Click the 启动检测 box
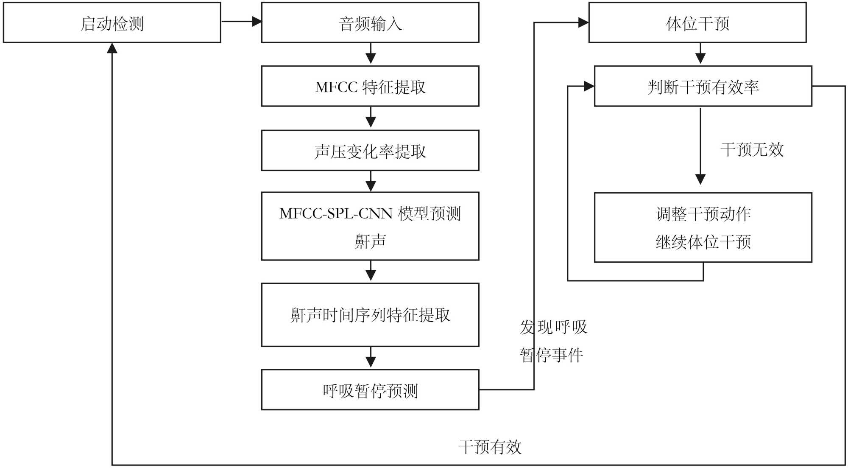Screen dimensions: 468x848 coord(112,23)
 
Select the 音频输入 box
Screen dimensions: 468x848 coord(370,23)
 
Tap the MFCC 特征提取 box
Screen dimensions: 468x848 coord(370,87)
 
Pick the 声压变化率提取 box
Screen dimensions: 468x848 coord(370,151)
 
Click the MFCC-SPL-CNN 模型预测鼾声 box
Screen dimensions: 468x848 coord(370,226)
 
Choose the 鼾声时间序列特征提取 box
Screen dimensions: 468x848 coord(370,315)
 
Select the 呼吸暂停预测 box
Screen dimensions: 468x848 coord(370,390)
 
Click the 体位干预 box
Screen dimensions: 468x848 coord(697,23)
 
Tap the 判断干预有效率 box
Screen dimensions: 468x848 coord(703,87)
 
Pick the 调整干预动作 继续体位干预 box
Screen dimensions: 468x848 coord(703,228)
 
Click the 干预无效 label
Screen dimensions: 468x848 coord(752,149)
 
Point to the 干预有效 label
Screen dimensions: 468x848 coord(490,447)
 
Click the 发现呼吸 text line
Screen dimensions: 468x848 coord(553,327)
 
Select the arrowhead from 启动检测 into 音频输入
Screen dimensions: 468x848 coord(257,21)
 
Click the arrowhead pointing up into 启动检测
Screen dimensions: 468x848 coord(112,48)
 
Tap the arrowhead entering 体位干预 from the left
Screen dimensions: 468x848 coord(583,22)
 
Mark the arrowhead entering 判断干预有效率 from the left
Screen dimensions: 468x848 coord(589,86)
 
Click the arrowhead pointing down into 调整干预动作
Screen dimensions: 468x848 coord(700,179)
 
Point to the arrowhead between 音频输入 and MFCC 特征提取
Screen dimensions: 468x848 coord(371,59)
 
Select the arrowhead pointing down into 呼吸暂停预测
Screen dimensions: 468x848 coord(371,362)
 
